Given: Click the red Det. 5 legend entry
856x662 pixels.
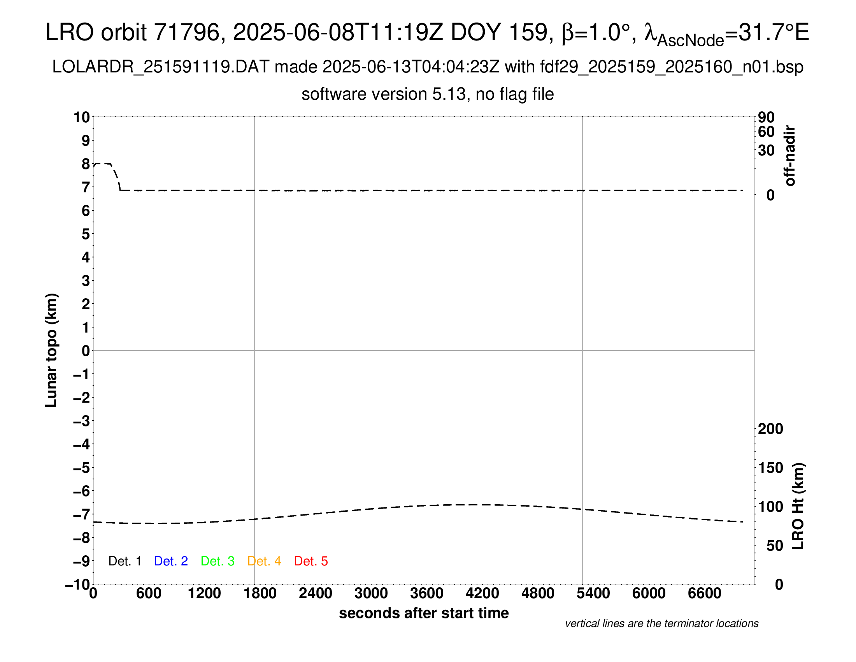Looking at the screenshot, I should tap(311, 561).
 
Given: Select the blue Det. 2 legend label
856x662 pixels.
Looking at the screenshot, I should tap(171, 561).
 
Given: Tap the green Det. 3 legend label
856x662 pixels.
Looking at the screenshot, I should tap(218, 561).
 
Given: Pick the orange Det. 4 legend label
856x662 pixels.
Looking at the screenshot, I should tap(264, 561).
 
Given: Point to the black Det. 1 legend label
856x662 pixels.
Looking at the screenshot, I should tap(125, 561).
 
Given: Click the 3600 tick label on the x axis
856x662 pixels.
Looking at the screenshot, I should tap(427, 593).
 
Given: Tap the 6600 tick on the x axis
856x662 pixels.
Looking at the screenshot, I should tap(704, 593).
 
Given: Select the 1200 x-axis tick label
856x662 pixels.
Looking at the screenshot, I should tap(204, 593).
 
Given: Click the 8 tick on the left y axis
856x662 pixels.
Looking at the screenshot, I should tap(86, 164).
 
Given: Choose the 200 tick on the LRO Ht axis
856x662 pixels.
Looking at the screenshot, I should tap(770, 429).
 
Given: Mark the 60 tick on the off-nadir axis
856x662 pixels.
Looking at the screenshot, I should tap(766, 132).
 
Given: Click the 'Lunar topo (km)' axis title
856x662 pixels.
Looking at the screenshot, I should tap(51, 350).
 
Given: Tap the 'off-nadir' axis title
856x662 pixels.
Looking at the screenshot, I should tap(790, 156).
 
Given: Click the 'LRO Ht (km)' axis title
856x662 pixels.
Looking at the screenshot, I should tap(798, 506).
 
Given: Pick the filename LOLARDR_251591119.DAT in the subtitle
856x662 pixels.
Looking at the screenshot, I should tap(161, 67).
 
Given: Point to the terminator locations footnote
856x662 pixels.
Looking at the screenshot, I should tap(661, 623).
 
